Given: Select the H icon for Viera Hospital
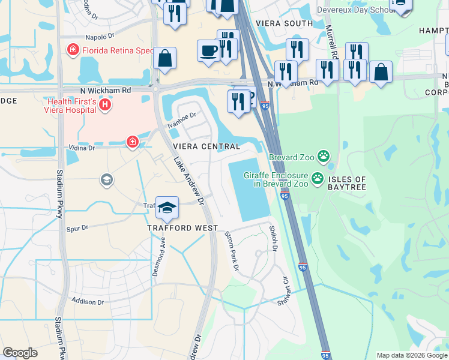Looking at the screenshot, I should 105,106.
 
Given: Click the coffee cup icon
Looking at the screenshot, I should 208,50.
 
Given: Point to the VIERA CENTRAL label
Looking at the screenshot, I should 206,146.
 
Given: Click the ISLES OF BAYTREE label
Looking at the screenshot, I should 347,184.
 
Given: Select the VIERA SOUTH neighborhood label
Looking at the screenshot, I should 285,23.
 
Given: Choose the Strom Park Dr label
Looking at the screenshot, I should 232,250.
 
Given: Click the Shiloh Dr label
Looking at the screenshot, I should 273,238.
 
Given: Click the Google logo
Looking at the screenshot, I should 20,353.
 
